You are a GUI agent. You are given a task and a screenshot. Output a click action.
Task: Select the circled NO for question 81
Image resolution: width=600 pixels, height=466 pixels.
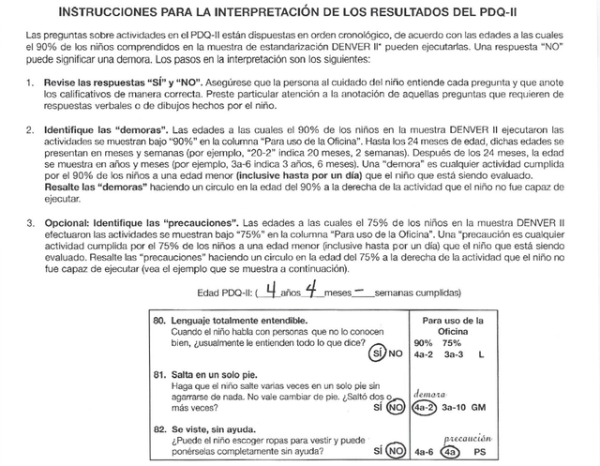(x=396, y=408)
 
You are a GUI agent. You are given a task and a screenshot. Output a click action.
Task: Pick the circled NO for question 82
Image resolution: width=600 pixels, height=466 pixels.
(x=396, y=450)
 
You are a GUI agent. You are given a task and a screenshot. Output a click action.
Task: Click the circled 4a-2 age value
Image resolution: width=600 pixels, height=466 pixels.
(x=425, y=408)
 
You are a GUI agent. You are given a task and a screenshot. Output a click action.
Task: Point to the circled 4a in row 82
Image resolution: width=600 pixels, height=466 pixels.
(x=454, y=450)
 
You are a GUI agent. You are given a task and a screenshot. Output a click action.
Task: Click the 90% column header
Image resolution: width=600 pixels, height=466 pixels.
(x=423, y=341)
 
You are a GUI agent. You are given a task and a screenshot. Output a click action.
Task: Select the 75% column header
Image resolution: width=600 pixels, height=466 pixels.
(x=454, y=341)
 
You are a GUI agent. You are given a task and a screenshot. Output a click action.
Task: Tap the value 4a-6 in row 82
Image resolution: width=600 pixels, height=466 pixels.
(x=424, y=450)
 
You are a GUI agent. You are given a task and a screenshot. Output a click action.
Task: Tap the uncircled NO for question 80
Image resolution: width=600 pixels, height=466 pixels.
(x=396, y=354)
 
